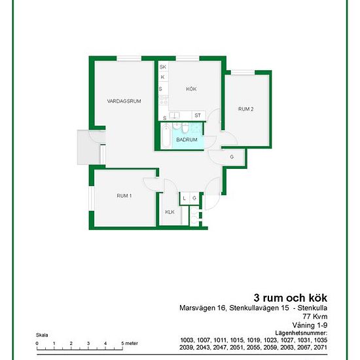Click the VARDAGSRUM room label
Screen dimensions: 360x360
[x=124, y=101]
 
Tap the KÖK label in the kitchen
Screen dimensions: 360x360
[x=191, y=89]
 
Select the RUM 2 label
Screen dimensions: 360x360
[x=246, y=109]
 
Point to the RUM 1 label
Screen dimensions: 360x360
[x=124, y=196]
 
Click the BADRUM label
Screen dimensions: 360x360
[x=187, y=139]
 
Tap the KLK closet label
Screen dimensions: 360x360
[x=170, y=212]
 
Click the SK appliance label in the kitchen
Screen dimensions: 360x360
[x=163, y=67]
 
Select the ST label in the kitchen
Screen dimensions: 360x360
[x=198, y=115]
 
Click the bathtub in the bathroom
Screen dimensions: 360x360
[x=166, y=135]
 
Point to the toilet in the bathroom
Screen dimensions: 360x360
[x=185, y=128]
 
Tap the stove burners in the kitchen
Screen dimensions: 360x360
[x=164, y=100]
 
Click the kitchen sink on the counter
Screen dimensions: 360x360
[x=175, y=115]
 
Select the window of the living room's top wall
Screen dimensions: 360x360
[x=129, y=59]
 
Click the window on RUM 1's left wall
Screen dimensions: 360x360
[x=92, y=198]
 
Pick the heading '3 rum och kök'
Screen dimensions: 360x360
[x=291, y=298]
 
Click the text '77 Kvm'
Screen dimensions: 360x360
[x=315, y=316]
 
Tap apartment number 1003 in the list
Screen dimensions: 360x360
[x=187, y=340]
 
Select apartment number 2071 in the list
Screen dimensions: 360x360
[x=321, y=348]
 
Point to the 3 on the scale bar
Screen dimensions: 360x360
[x=88, y=344]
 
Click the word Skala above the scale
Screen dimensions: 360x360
[x=42, y=335]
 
